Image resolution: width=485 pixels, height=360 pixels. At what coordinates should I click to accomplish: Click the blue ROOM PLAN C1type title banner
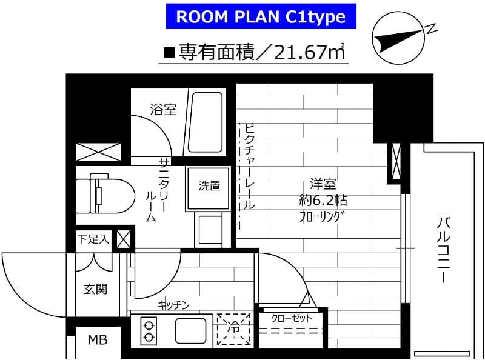260,17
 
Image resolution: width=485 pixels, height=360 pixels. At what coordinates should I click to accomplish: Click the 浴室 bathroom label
163,110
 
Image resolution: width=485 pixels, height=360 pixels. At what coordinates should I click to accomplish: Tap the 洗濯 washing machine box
210,186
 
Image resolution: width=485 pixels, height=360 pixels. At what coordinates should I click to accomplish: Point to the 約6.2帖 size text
323,201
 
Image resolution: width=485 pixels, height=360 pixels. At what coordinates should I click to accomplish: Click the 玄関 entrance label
95,289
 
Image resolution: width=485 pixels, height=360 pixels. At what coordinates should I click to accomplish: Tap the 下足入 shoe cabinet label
93,238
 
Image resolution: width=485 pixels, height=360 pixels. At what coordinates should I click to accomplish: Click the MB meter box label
97,339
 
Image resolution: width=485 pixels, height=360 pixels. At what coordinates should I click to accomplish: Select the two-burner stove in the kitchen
148,330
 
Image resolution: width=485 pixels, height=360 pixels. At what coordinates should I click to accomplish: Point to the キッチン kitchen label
174,305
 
